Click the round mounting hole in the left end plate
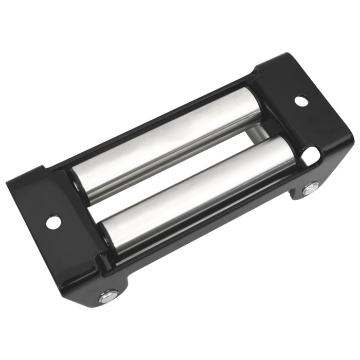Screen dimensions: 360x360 coord(53,222)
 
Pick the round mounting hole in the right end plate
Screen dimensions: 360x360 coord(301,101)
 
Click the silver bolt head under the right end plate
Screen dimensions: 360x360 coord(311,188)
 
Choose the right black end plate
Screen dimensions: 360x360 coord(303,113)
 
